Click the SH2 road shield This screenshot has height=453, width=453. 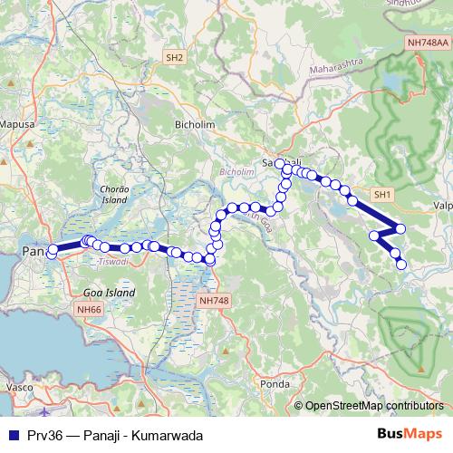click(174, 57)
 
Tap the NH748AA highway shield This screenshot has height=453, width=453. click(428, 42)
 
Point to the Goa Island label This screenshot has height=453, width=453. click(109, 294)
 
